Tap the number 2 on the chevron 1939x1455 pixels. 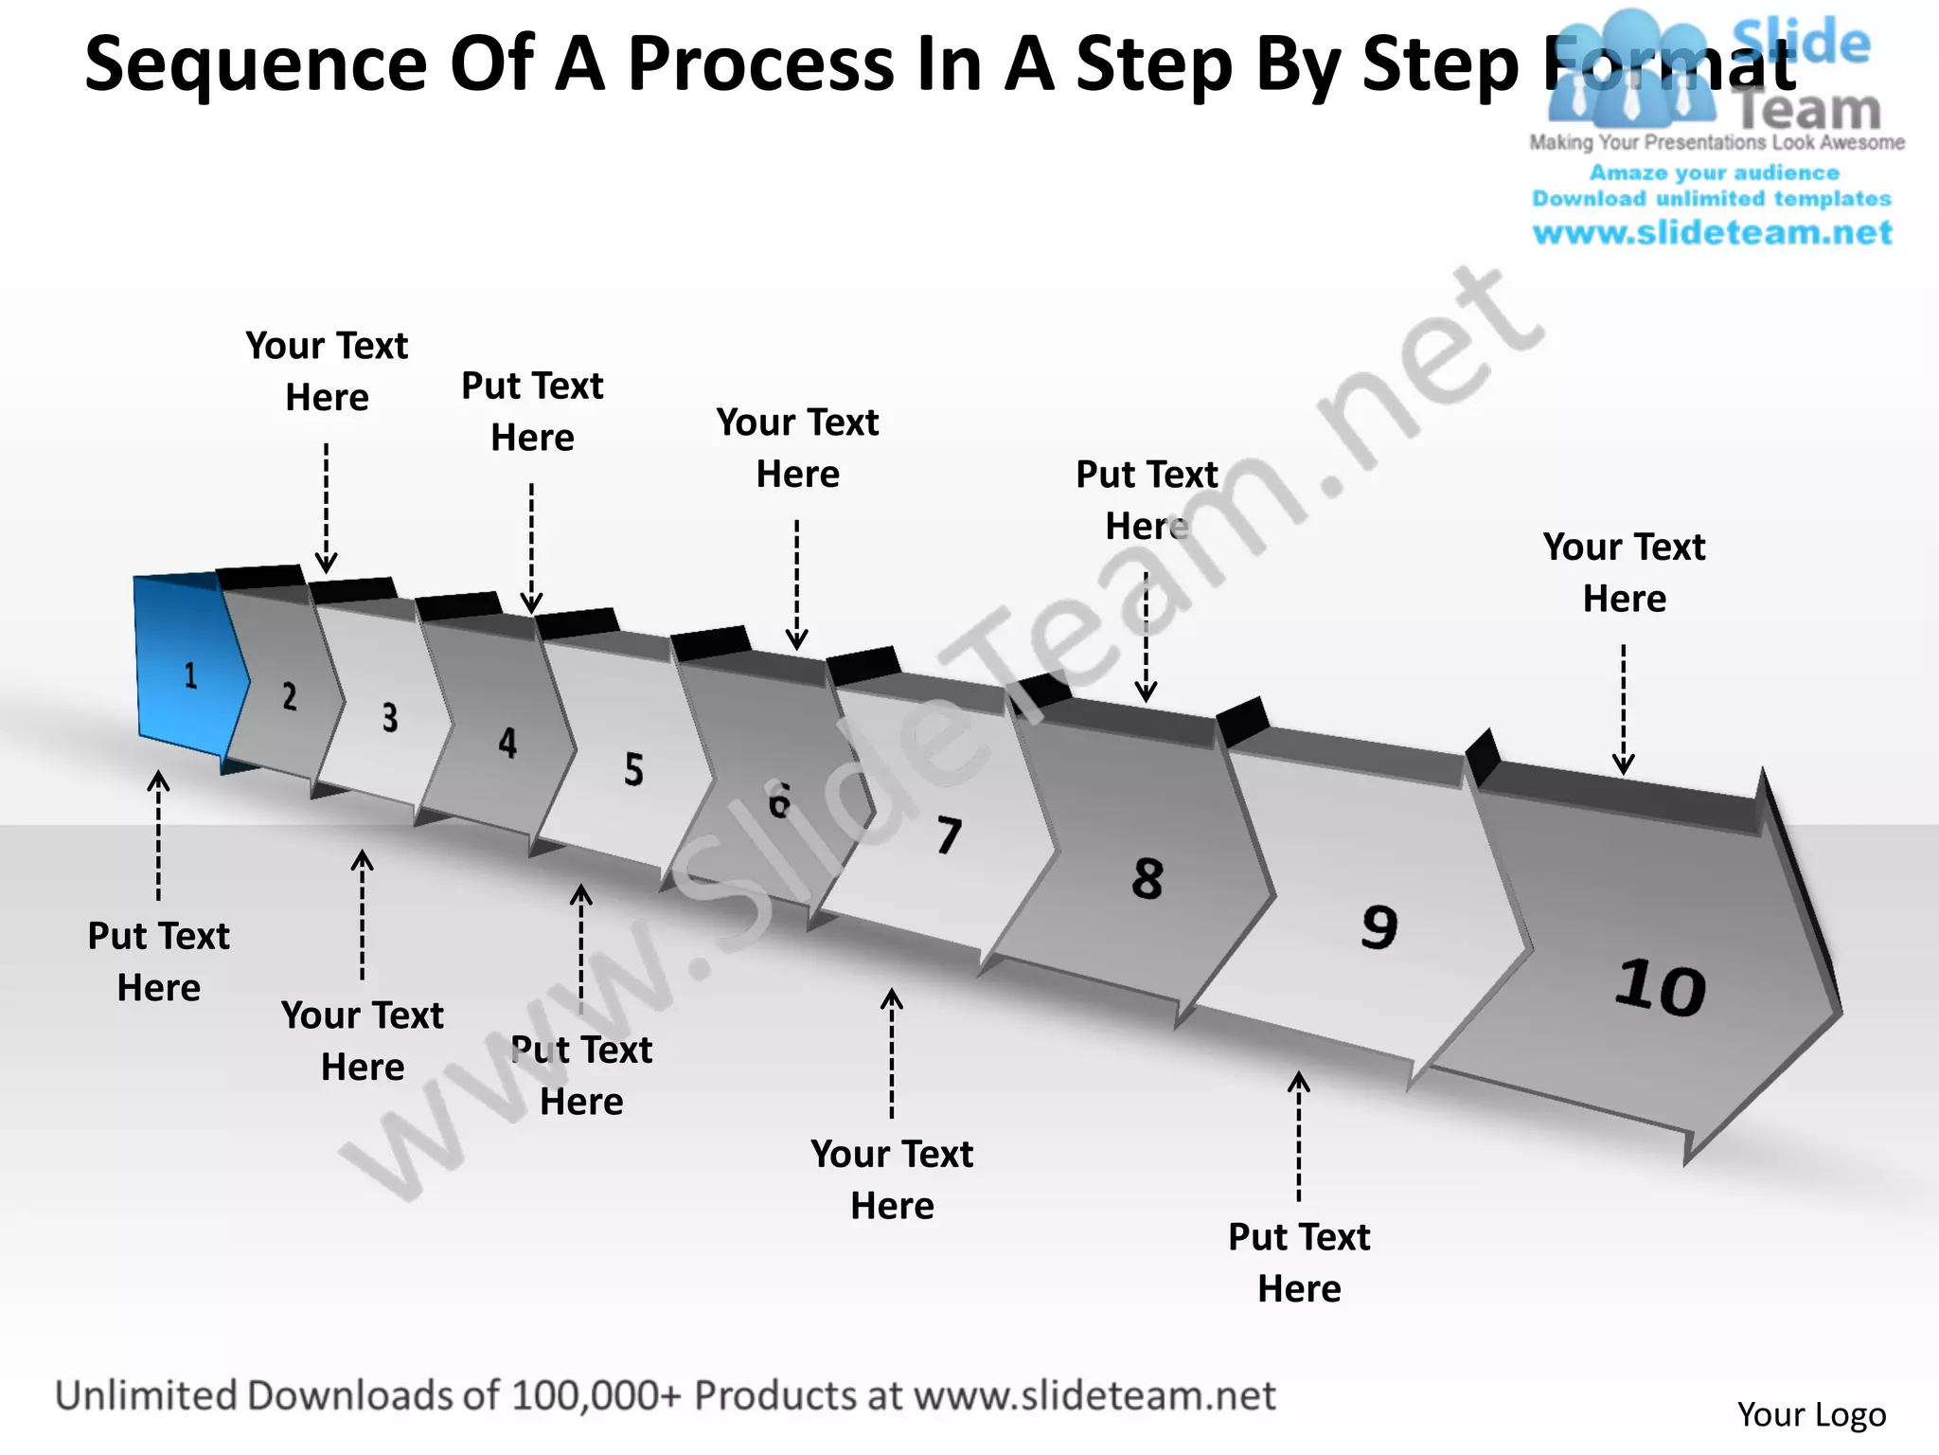[290, 696]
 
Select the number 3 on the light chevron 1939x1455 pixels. [390, 718]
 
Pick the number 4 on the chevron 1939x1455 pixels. [508, 743]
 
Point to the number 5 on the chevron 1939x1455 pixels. [633, 769]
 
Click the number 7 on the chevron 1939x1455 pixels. [950, 835]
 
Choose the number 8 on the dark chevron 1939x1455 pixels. [1147, 878]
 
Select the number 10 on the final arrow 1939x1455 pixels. [1660, 988]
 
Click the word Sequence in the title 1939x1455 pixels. [256, 64]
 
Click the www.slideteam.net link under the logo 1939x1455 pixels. [1712, 233]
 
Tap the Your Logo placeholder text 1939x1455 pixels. [1811, 1414]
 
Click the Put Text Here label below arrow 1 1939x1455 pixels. [159, 961]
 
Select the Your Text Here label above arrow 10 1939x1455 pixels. [1624, 572]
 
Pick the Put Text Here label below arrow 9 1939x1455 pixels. [1299, 1263]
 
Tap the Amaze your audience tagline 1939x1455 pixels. [1714, 172]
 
